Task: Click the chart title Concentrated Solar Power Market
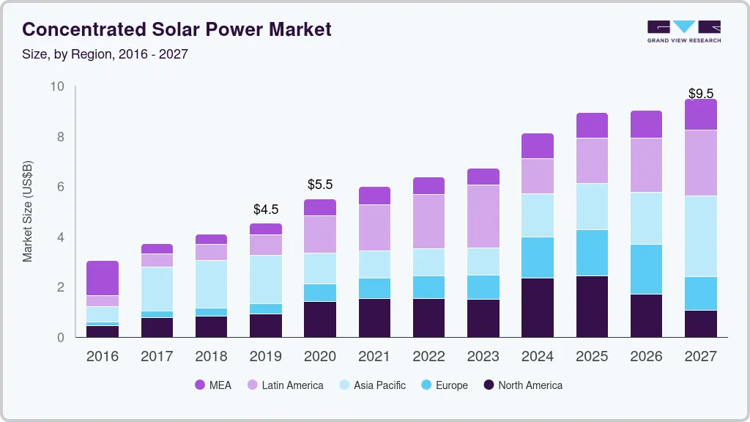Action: [x=177, y=29]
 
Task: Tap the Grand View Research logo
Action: [x=683, y=31]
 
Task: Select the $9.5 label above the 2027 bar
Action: [x=701, y=93]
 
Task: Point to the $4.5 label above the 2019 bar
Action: [x=266, y=210]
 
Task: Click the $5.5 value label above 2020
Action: [x=320, y=185]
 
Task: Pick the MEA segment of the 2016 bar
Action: [x=103, y=278]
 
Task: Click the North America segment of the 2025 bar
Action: [x=592, y=306]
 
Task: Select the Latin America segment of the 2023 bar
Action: [x=483, y=216]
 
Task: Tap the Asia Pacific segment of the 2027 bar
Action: [x=701, y=236]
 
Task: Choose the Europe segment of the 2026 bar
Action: [x=646, y=269]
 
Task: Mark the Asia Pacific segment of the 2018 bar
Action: [x=211, y=284]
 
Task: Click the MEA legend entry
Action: [x=213, y=385]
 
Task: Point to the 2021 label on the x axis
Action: [x=374, y=356]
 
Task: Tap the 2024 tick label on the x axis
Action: [x=538, y=356]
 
